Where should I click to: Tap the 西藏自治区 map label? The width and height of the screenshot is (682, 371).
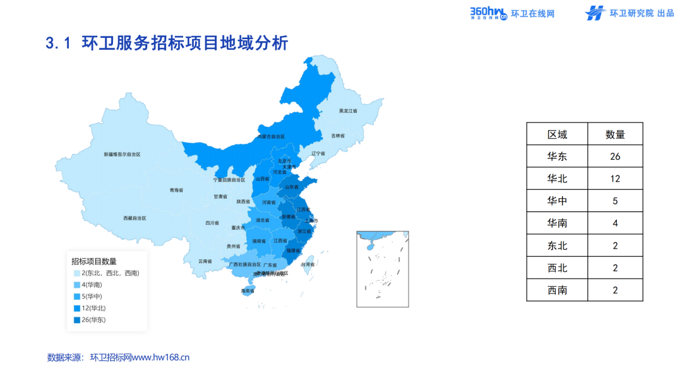[x=135, y=218]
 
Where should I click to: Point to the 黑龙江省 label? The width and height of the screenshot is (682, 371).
[x=348, y=111]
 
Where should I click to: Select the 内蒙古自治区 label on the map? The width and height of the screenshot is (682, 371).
[x=271, y=136]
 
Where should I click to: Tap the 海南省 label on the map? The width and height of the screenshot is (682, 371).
[x=247, y=291]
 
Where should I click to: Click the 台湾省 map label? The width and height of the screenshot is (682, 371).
[x=308, y=264]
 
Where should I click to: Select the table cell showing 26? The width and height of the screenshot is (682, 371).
[x=615, y=156]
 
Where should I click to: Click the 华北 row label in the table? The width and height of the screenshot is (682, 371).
[x=557, y=179]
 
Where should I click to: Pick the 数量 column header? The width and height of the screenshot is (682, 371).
[x=615, y=134]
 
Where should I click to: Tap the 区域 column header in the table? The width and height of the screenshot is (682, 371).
[x=557, y=134]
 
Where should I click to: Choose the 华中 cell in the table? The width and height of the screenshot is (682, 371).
[x=557, y=201]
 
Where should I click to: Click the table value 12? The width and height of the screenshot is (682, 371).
[x=615, y=179]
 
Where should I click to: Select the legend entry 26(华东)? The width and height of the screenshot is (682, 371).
[x=93, y=320]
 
